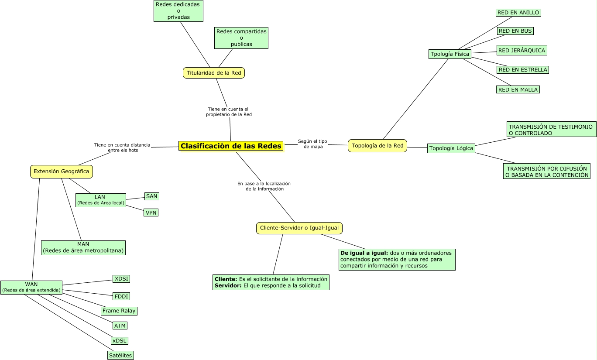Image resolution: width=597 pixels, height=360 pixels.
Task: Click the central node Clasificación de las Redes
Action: click(x=231, y=146)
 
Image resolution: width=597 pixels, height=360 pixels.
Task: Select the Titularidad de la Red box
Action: click(x=213, y=73)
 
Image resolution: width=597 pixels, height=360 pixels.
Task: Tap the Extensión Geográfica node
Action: click(x=62, y=171)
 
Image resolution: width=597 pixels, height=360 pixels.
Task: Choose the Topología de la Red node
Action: click(x=377, y=146)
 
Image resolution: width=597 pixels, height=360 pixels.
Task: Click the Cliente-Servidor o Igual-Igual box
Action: click(x=299, y=228)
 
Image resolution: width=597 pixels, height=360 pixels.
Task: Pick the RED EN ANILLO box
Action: click(x=518, y=13)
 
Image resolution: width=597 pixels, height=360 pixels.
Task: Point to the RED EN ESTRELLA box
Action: click(x=522, y=70)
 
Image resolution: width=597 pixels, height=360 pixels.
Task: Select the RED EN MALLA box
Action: click(x=518, y=89)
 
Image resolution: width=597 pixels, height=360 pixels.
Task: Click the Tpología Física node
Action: click(x=449, y=54)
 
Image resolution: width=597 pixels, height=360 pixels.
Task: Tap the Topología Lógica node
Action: click(x=451, y=148)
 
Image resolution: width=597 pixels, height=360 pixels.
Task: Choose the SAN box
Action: click(x=151, y=196)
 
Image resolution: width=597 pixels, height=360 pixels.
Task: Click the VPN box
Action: click(x=151, y=213)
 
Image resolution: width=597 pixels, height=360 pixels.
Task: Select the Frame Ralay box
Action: click(x=119, y=311)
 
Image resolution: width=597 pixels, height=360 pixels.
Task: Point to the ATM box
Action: click(x=120, y=326)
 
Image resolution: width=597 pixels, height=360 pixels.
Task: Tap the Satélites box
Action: click(x=120, y=355)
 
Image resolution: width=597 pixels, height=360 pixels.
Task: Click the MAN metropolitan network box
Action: click(x=83, y=247)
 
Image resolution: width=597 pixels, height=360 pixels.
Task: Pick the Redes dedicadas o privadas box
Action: click(x=178, y=10)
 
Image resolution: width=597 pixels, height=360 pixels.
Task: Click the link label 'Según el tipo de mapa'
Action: click(x=312, y=144)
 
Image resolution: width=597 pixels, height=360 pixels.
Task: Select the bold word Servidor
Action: click(x=228, y=285)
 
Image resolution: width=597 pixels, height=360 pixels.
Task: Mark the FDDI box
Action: click(x=121, y=296)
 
